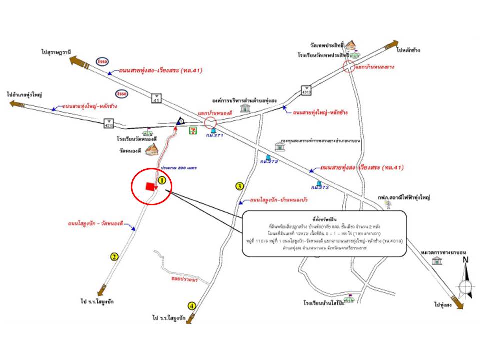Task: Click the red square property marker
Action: pyautogui.click(x=149, y=186)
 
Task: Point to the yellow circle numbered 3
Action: pyautogui.click(x=239, y=186)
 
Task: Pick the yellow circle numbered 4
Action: pyautogui.click(x=192, y=305)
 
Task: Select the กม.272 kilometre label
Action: pyautogui.click(x=268, y=162)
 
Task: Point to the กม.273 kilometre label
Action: pyautogui.click(x=319, y=187)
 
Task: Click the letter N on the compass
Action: pyautogui.click(x=465, y=260)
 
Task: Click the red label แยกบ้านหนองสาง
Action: pyautogui.click(x=375, y=67)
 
